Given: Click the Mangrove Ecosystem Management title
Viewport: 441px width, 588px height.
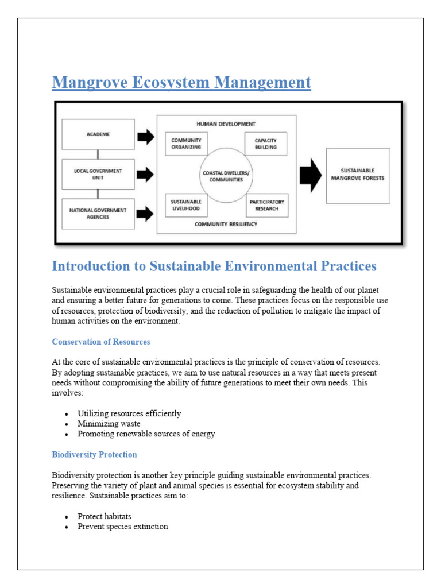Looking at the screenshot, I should coord(181,83).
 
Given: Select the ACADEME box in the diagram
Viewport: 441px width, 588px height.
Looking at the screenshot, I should coord(98,134).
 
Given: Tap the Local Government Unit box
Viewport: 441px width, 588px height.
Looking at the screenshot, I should coord(98,174).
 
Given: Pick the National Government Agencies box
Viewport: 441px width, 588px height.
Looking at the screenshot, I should coord(98,214).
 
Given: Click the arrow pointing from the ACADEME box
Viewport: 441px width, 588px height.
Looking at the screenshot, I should coord(146,137).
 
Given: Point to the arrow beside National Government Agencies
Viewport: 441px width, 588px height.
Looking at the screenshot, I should coord(146,214).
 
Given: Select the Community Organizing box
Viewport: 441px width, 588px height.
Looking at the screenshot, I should coord(186,144).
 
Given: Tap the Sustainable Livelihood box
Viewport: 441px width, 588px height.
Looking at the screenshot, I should coord(186,205).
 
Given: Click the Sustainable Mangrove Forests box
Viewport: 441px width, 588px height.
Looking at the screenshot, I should coord(358,175).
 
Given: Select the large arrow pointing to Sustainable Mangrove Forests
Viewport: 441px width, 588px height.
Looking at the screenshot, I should coord(311,175).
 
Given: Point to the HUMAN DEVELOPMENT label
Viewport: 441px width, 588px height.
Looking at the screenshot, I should coord(226,123).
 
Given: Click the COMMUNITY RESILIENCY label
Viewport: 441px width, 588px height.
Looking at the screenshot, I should coord(226,224).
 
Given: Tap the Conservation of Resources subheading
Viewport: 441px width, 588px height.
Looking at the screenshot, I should coord(101,342).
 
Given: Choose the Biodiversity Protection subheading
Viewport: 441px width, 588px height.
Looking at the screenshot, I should coord(94,454).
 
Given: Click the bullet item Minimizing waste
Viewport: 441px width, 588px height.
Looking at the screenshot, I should coord(109,424).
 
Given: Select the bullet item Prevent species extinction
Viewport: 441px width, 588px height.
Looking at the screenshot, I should coord(122,526).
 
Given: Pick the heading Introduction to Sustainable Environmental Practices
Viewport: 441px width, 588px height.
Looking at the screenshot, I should coord(214,266).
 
